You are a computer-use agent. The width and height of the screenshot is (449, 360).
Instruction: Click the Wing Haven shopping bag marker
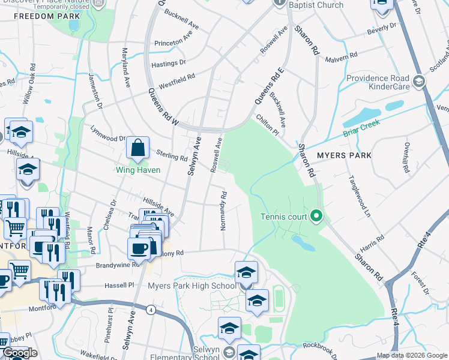137,148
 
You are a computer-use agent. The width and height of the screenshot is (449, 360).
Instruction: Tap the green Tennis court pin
317,217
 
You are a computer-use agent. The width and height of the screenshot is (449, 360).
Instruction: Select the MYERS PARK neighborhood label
344,155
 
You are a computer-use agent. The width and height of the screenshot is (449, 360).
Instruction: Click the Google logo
20,353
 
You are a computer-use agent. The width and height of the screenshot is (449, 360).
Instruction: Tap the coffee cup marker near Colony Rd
139,248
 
